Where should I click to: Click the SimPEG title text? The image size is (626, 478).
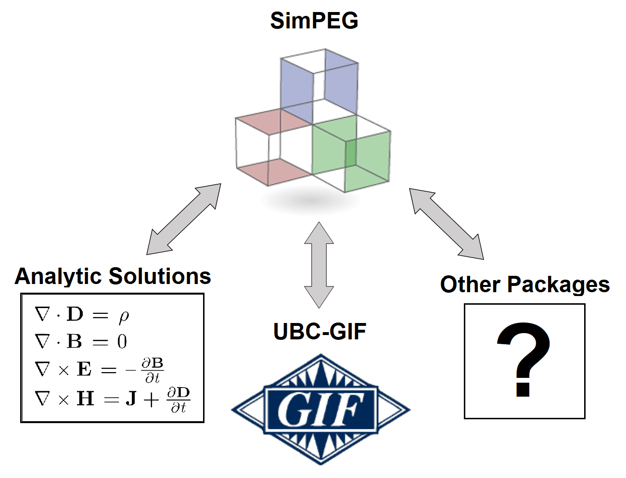314,21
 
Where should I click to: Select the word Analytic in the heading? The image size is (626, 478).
58,276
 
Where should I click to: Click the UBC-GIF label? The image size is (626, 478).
319,331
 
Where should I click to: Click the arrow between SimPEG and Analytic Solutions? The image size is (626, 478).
183,220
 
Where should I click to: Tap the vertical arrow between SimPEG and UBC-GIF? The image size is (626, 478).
319,265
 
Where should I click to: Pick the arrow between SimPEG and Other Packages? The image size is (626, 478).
446,224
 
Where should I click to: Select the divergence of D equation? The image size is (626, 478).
82,315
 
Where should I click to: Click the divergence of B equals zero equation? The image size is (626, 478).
81,342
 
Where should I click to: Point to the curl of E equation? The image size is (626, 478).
99,370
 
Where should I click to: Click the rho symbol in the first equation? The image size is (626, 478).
124,316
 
